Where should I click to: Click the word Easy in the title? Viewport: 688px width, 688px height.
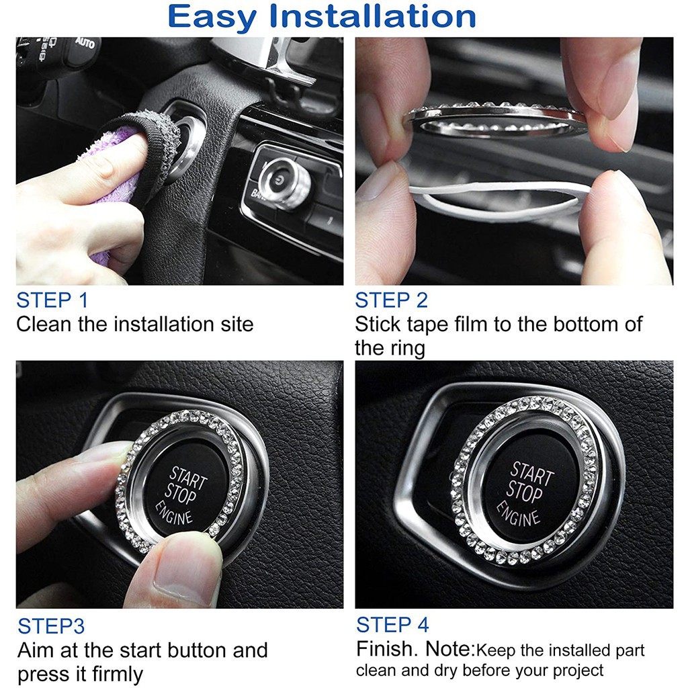[x=212, y=17]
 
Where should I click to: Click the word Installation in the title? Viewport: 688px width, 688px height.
[x=372, y=16]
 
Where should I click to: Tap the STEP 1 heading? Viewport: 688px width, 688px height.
[x=52, y=300]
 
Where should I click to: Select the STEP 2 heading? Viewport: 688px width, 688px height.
[x=392, y=300]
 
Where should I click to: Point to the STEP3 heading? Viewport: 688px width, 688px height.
[x=51, y=626]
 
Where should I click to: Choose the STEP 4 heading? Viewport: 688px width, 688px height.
[x=392, y=625]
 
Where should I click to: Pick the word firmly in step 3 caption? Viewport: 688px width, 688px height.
[x=118, y=675]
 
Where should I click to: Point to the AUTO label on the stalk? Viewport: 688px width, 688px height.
[x=85, y=43]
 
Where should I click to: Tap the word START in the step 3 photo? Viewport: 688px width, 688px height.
[x=188, y=478]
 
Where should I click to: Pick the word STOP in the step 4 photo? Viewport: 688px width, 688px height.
[x=524, y=492]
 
